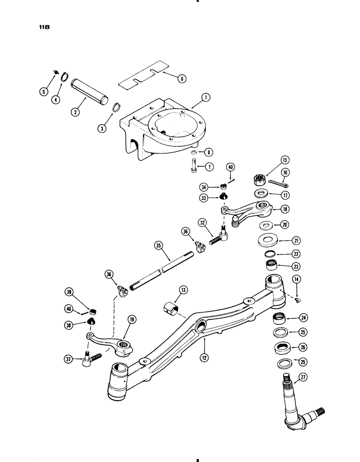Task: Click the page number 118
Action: click(x=44, y=27)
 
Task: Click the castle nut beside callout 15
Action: click(x=259, y=178)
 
